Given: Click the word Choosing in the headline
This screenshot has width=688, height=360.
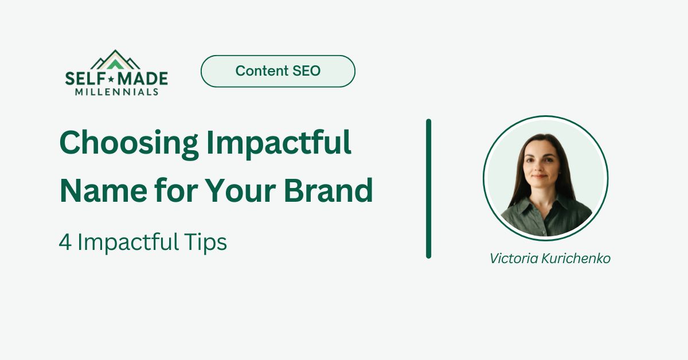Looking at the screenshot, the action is point(129,144).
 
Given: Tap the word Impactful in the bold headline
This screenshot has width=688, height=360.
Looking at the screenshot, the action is point(279,144).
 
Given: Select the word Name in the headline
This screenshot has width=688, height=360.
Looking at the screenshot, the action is point(104,190).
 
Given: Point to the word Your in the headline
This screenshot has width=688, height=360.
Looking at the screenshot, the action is point(240,190).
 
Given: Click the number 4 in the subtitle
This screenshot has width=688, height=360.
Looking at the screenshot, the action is point(65,242).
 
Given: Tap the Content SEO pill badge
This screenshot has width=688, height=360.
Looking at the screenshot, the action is point(278,71).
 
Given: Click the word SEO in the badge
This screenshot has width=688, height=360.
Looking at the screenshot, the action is point(306,71).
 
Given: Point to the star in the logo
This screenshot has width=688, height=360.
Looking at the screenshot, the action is point(111,79).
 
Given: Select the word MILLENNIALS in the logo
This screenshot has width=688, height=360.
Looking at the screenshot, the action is point(117,92).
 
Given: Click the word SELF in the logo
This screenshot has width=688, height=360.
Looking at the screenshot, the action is point(85,79).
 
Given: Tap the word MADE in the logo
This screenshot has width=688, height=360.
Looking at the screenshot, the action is point(143,79).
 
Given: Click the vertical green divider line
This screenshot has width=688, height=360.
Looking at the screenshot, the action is point(428,189).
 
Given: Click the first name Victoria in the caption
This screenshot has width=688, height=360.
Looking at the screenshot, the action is point(514,259).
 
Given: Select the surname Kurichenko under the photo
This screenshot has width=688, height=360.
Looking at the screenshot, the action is point(576,259).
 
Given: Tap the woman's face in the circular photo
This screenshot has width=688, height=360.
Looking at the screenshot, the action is point(540,165).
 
